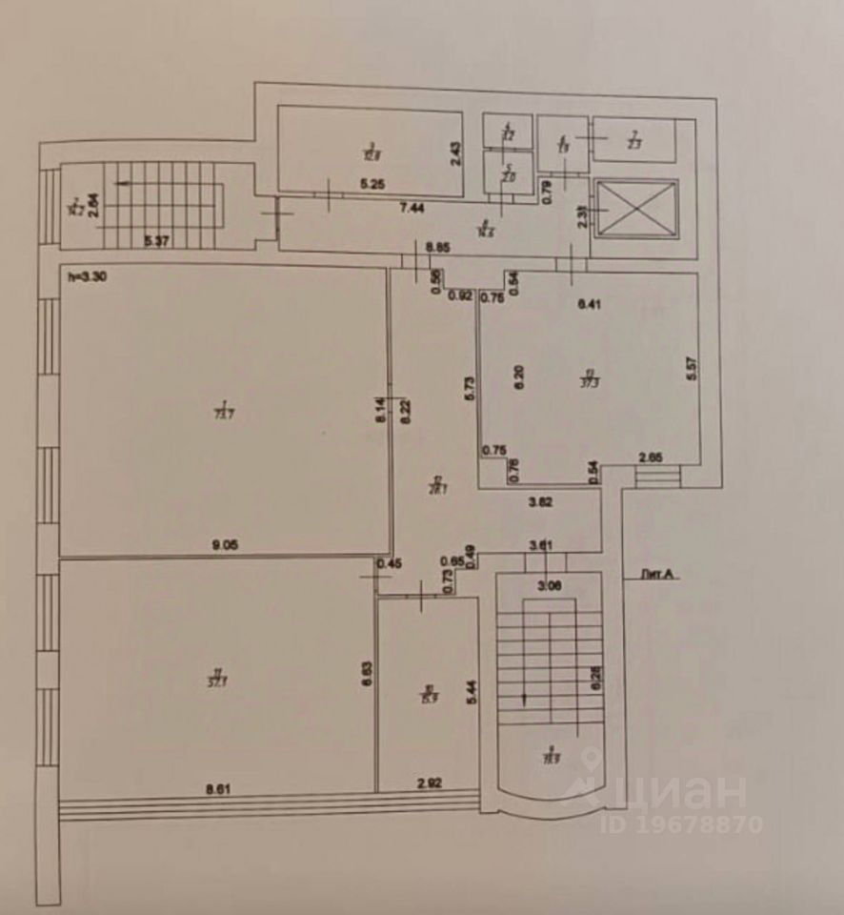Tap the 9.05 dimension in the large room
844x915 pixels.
pos(225,544)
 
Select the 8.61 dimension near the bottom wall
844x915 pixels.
pos(219,788)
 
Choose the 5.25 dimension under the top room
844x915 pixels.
pos(372,185)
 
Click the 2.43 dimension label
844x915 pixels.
pos(455,152)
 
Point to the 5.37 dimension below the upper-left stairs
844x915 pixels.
pos(157,242)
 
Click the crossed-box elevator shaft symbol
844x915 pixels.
pos(633,207)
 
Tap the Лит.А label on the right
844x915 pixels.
pos(658,575)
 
